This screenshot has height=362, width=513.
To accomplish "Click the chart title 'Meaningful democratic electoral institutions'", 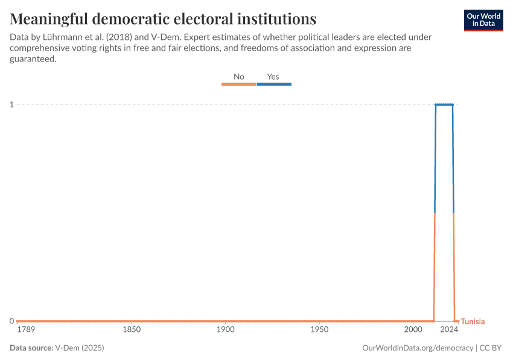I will point(163,18).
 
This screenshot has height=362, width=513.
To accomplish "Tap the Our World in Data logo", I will point(483,20).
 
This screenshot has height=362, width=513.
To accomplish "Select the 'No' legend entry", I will point(239,77).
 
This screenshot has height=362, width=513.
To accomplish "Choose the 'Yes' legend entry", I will point(273,77).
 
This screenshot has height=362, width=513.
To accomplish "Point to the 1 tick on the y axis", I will point(11,105).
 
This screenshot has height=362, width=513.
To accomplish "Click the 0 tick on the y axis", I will point(11,321).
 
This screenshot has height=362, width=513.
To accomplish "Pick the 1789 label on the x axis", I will point(26,330).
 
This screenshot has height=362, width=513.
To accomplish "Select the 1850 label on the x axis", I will point(132,330).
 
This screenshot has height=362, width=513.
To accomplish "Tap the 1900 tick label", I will point(225,330).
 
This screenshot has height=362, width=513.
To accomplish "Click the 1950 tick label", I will point(319,330).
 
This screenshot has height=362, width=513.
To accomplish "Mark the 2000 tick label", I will point(413,330).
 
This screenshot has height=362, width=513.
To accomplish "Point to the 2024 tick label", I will point(449,330).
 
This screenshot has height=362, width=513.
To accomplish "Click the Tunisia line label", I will point(473,322).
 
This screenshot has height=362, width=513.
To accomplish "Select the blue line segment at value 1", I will point(444,105).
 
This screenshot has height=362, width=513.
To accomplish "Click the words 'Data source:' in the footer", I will point(31,348).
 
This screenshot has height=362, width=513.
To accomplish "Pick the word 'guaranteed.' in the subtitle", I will point(33,59).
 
